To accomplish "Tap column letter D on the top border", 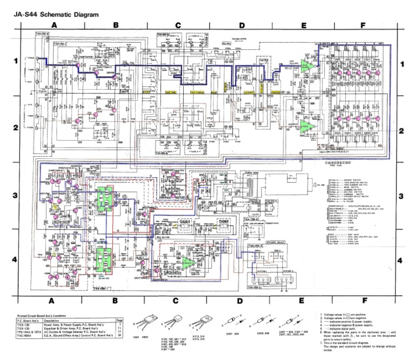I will (241, 25).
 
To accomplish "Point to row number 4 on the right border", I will (400, 261).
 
